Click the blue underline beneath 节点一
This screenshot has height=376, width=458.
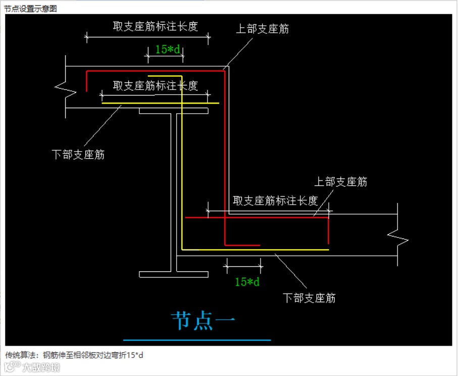197,340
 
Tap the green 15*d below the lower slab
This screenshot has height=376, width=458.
247,281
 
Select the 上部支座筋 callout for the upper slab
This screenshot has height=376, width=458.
263,29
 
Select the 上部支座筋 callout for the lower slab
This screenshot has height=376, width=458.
341,182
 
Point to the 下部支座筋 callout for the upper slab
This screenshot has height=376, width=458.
78,155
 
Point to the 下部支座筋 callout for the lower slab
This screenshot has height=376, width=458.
309,298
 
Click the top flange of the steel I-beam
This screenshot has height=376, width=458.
174,110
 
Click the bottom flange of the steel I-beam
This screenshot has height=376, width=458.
174,274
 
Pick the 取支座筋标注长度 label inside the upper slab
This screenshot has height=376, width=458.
155,85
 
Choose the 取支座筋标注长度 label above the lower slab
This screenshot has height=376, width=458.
275,201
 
